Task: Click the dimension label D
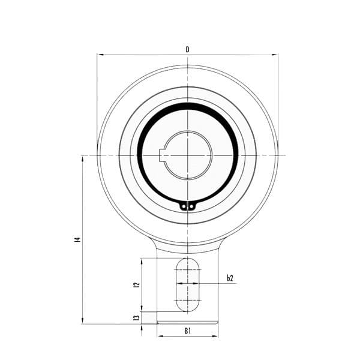[187, 49]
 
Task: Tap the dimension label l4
[77, 239]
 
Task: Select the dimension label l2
[137, 284]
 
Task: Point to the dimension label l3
[137, 317]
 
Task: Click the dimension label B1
[188, 331]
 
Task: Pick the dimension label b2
[230, 278]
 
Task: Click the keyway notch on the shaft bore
[163, 155]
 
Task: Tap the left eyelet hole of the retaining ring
[184, 207]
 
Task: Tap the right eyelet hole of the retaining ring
[191, 207]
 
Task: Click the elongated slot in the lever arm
[188, 284]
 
